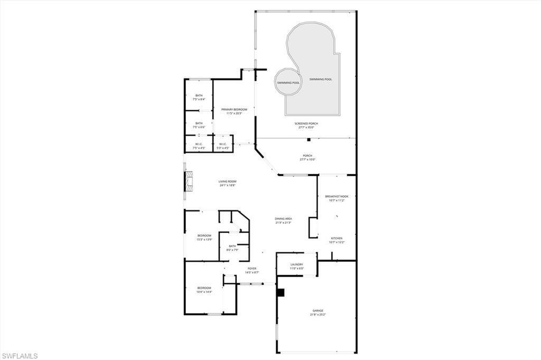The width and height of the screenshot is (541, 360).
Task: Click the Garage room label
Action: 317,311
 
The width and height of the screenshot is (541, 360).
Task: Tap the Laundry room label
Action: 296,264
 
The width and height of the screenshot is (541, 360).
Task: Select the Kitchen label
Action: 337,238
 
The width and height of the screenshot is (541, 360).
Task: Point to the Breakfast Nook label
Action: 337,196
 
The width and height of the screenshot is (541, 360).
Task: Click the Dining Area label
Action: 283,219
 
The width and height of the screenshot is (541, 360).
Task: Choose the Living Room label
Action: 228,182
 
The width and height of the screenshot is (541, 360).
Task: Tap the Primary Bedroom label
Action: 234,109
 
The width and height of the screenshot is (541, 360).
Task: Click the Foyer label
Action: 252,269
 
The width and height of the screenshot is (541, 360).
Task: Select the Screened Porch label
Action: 306,124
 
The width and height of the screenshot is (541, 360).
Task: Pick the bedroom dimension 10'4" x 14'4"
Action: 204,292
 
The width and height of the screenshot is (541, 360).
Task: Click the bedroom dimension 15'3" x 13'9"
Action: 204,240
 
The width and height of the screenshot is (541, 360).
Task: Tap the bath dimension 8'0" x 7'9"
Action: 232,250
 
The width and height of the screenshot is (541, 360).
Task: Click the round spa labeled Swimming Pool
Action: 288,82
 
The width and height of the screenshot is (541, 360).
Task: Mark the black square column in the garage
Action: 281,292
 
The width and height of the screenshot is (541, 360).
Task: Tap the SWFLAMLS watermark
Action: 20,355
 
